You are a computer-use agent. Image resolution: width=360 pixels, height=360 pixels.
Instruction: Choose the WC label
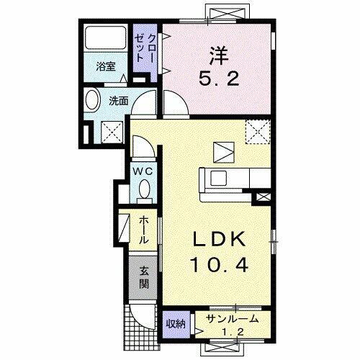[x=143, y=171]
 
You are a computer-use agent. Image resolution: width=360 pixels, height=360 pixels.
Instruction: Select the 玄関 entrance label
[x=144, y=275]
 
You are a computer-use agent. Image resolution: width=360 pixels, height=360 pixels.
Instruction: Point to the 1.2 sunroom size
[x=229, y=333]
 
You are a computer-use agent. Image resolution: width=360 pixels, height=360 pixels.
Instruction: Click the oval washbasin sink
[x=93, y=101]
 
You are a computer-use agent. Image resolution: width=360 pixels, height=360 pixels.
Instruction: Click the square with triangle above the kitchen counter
[x=222, y=150]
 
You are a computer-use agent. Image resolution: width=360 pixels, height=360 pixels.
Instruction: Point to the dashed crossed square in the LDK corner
[x=256, y=130]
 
